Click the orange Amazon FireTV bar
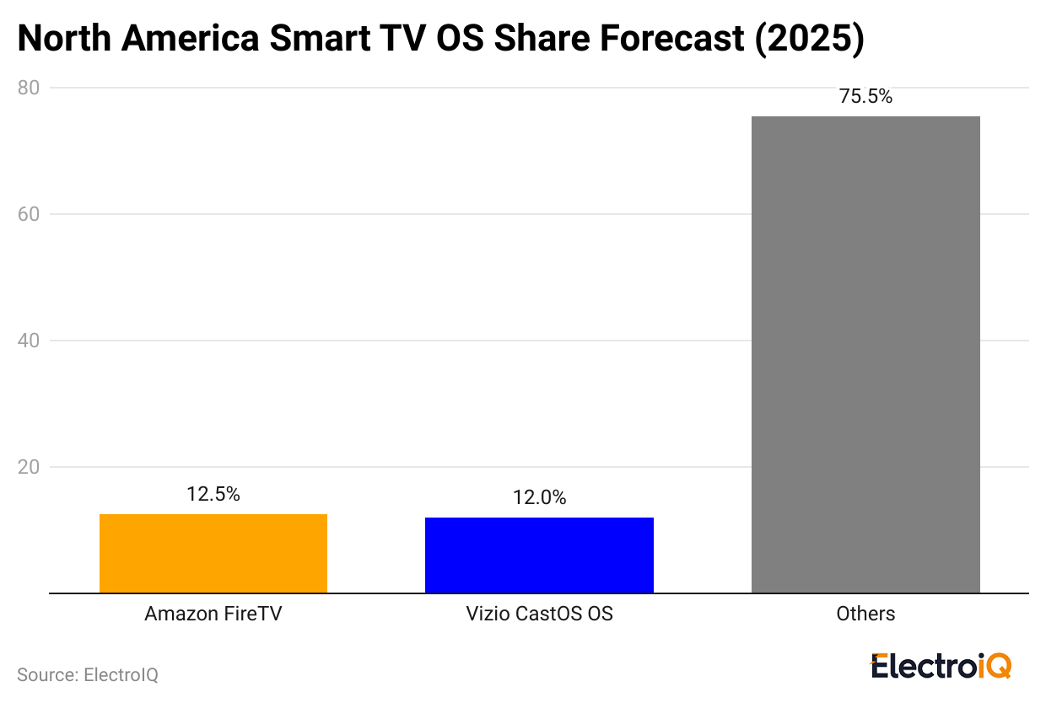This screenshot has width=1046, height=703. (213, 553)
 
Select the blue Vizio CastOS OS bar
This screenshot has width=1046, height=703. (539, 555)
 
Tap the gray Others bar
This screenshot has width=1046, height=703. (865, 354)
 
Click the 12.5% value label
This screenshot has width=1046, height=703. (213, 495)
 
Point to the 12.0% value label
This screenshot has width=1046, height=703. (539, 498)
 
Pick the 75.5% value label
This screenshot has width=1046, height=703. (865, 97)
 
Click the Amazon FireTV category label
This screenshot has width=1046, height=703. (213, 614)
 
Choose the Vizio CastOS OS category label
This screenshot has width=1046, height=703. (539, 614)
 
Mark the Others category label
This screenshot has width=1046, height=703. (865, 614)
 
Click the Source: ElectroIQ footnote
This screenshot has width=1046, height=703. (87, 674)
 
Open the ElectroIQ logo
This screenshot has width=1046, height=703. (941, 666)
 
